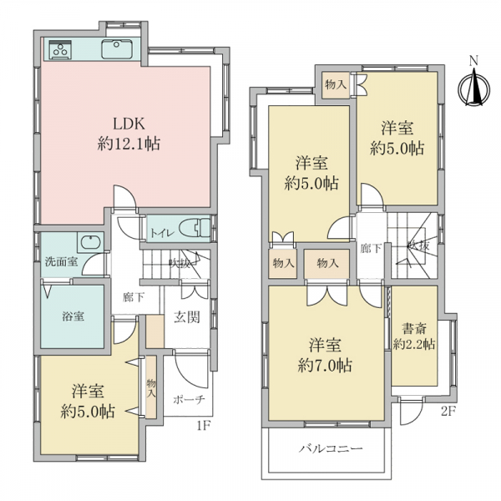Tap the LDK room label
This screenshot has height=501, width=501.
point(129,124)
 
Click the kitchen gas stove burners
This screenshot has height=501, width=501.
point(60,49)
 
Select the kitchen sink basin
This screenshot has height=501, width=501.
point(117,49)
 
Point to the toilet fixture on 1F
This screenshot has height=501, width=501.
point(195,229)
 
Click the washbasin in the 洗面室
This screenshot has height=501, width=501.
point(91,242)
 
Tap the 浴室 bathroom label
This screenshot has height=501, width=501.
point(73,316)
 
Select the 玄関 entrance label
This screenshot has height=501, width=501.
point(187,317)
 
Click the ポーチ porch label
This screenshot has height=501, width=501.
point(189,399)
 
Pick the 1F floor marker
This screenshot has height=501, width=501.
point(203,425)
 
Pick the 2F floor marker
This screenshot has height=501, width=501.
point(448,411)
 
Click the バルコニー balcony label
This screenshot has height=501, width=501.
point(331,448)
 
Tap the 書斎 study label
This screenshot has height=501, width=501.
point(414,328)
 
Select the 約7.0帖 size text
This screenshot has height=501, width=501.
point(325,365)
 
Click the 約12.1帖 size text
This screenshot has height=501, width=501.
point(129,144)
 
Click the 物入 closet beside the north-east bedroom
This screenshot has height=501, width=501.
point(336,85)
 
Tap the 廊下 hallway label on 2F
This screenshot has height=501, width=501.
point(371,248)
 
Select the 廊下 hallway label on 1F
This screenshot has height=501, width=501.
point(134,298)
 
